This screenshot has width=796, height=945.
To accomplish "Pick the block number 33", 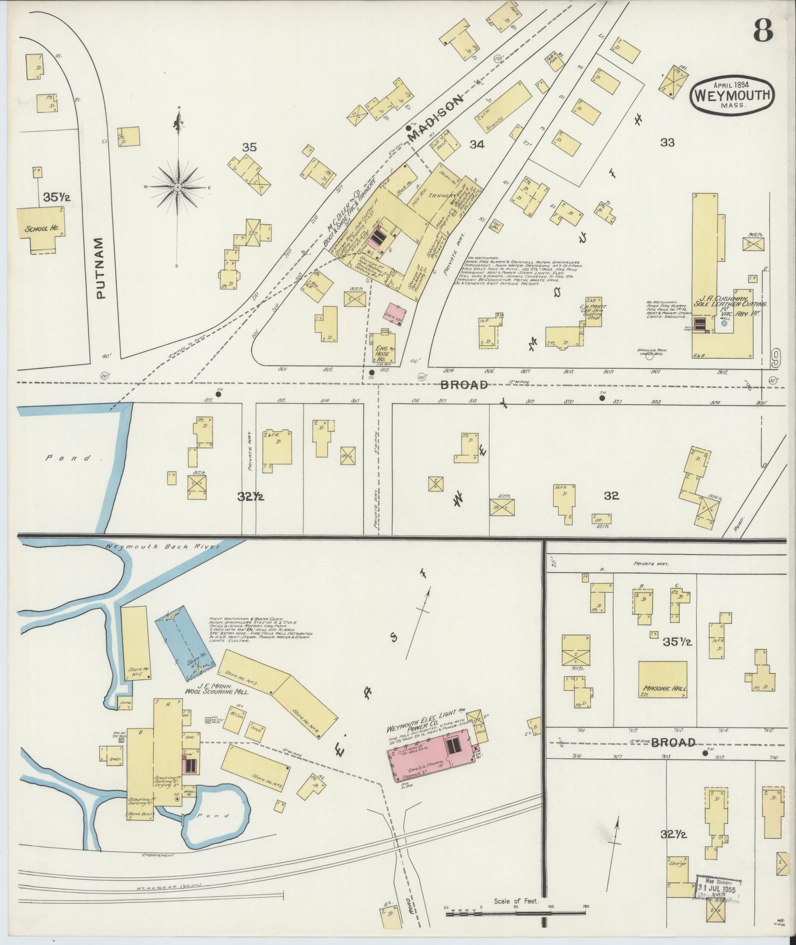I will (x=667, y=143).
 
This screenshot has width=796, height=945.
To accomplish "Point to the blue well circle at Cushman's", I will (x=724, y=325).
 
